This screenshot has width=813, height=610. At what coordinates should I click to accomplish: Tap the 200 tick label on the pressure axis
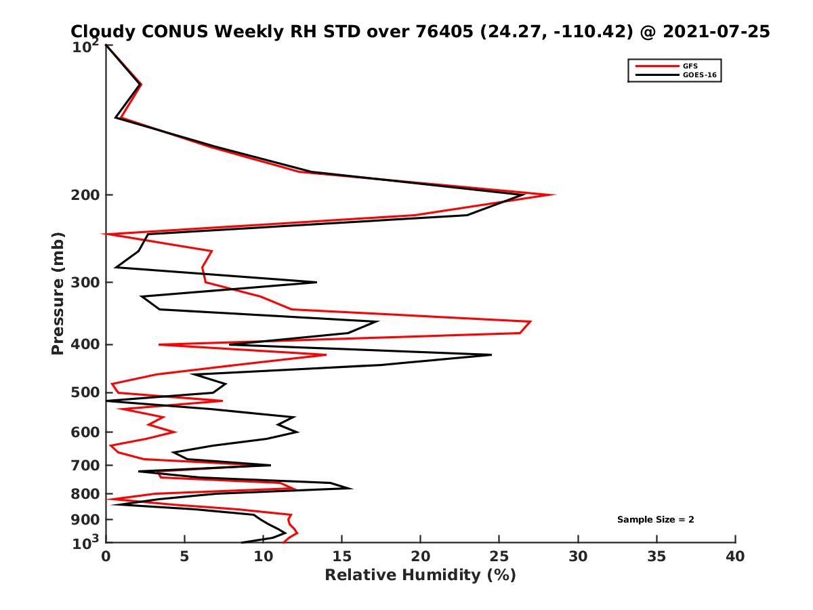tap(87, 195)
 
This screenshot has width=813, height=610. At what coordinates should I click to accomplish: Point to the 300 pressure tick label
tap(87, 282)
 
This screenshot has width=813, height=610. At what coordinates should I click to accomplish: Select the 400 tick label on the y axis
tap(87, 344)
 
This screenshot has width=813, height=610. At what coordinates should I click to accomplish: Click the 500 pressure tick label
tap(87, 392)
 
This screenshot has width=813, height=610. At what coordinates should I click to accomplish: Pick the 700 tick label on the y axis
tap(87, 465)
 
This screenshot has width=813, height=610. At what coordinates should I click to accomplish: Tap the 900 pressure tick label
tap(87, 520)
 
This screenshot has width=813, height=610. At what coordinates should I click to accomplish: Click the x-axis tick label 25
tap(499, 557)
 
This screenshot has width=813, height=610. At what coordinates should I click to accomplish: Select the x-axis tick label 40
tap(735, 557)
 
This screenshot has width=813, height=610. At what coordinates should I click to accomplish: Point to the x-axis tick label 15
tap(342, 557)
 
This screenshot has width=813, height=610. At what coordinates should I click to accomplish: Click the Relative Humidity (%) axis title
tap(420, 575)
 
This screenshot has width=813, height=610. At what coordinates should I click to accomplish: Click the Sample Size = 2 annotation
tap(655, 520)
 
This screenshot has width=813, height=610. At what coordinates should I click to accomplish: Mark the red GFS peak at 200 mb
tap(554, 195)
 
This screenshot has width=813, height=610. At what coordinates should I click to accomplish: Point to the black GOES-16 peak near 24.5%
tap(491, 354)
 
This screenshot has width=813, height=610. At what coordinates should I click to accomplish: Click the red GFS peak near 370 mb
tap(530, 321)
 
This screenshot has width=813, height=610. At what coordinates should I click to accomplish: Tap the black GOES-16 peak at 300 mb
tap(316, 282)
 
